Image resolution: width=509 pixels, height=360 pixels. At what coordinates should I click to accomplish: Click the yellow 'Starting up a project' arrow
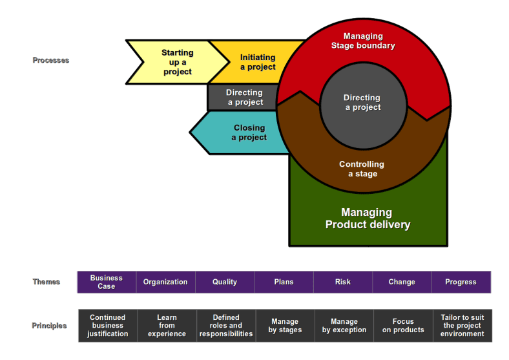(x=176, y=62)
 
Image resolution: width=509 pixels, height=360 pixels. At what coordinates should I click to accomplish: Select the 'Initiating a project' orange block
(x=257, y=62)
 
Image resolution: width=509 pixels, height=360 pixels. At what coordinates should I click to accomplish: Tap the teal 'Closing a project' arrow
(x=248, y=132)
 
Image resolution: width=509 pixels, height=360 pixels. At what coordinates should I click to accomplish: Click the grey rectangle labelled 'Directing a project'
(x=244, y=97)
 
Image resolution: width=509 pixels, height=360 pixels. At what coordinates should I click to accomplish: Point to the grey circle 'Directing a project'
(x=362, y=103)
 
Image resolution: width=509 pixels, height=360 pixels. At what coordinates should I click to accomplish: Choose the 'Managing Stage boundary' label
(x=362, y=41)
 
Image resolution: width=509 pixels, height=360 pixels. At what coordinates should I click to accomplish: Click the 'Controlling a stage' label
(x=362, y=169)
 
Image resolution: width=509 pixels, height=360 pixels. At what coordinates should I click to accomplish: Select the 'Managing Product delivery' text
(x=367, y=218)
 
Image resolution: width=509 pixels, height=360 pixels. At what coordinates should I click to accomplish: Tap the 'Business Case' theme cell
(x=107, y=282)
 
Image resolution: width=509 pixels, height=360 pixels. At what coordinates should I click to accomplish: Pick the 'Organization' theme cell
(x=165, y=282)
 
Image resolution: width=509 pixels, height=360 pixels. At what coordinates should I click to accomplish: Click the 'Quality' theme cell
(x=225, y=282)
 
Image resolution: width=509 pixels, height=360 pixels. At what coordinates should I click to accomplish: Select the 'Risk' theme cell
(x=343, y=282)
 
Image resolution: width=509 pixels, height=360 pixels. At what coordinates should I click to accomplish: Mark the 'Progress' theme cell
(x=461, y=282)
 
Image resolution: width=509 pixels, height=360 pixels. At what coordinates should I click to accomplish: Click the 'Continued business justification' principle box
(x=108, y=326)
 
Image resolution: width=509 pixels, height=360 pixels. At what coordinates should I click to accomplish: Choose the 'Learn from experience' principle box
(x=167, y=326)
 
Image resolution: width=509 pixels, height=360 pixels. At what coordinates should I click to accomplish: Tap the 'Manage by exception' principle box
(x=344, y=326)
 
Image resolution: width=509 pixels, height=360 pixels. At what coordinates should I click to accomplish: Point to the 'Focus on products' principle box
(x=403, y=326)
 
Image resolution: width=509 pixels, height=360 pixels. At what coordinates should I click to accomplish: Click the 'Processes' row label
(x=51, y=60)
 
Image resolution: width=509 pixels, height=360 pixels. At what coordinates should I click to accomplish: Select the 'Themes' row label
(x=47, y=282)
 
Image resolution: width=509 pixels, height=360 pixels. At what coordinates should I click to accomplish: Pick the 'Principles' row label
(x=49, y=326)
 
